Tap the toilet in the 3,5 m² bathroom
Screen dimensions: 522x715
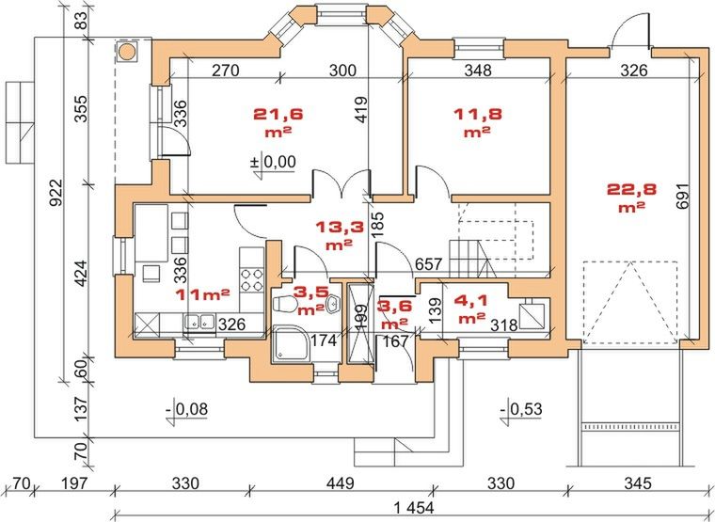coord(284,303)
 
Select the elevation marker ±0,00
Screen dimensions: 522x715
coord(273,162)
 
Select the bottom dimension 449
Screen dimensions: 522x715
coord(340,484)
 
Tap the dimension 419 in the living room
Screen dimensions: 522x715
coord(358,115)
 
